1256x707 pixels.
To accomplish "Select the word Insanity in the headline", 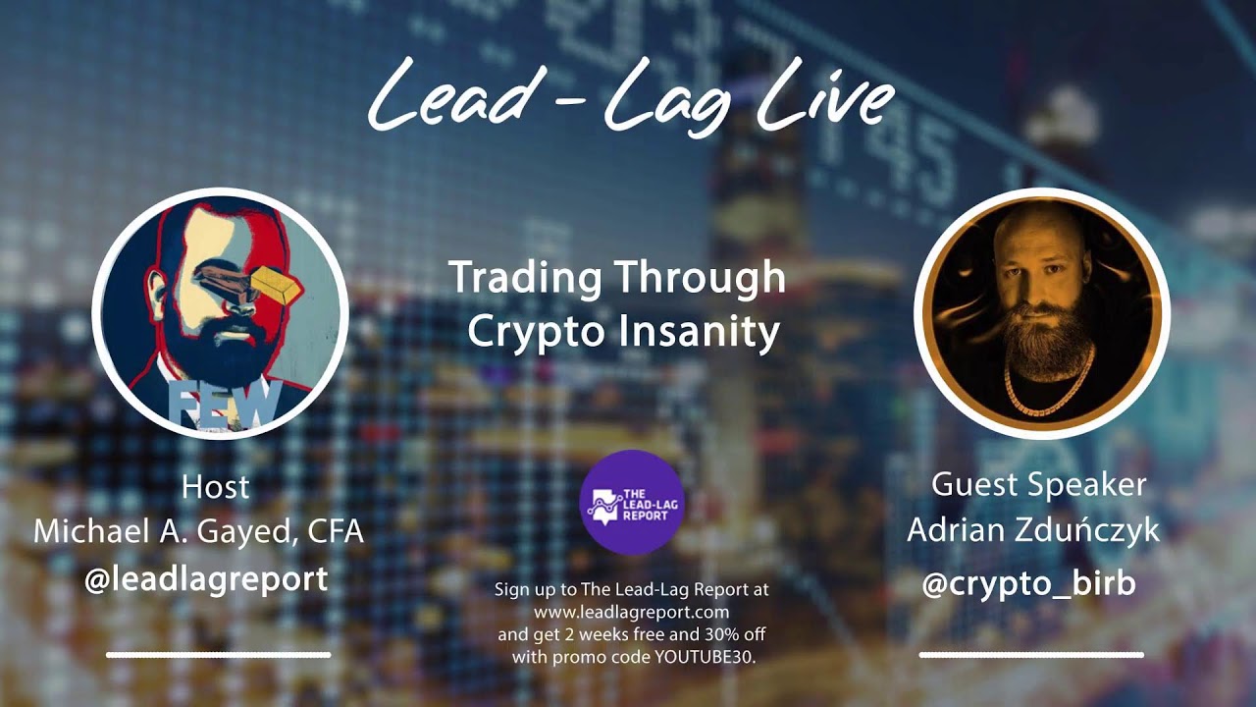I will [699, 332].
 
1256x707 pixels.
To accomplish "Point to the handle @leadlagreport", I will [206, 578].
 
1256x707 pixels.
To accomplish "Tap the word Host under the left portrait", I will [216, 487].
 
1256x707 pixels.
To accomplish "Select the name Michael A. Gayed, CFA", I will [198, 531].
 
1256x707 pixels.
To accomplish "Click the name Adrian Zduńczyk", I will [1032, 530].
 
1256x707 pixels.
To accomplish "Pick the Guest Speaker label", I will [1038, 484].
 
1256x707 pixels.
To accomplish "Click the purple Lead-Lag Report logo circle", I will [631, 502].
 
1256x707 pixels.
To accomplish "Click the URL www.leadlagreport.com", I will [631, 611].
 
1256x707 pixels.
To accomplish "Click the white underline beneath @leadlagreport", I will [218, 654].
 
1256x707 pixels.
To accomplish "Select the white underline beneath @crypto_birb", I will [1031, 654].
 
